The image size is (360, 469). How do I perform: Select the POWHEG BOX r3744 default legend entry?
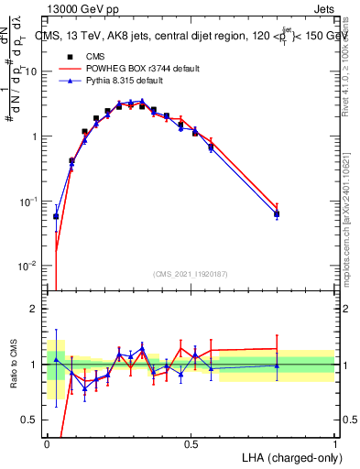pyautogui.click(x=152, y=69)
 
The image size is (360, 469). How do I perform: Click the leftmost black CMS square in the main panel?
pyautogui.click(x=56, y=217)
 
